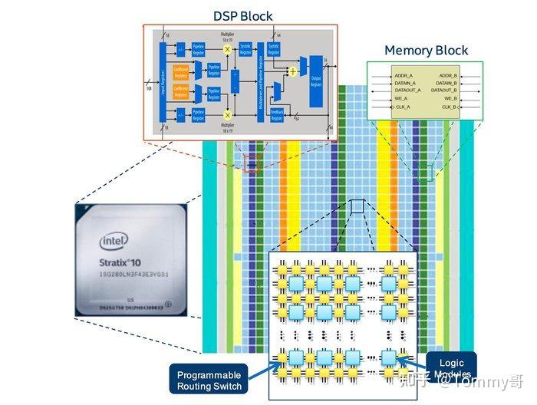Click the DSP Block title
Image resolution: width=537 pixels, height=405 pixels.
click(x=242, y=15)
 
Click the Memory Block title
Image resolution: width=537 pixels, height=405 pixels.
click(x=426, y=51)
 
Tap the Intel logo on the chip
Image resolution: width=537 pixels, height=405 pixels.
click(x=114, y=242)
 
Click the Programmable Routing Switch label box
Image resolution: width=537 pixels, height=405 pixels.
click(x=209, y=380)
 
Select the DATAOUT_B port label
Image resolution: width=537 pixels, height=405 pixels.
click(x=443, y=91)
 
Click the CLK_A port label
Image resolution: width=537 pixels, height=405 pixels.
click(x=403, y=107)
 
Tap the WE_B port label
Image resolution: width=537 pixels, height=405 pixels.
click(x=450, y=98)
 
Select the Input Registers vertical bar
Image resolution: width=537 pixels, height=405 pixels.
click(x=162, y=80)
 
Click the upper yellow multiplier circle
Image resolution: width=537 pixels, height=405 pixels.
click(x=227, y=48)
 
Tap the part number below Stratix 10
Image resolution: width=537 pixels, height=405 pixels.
click(x=131, y=274)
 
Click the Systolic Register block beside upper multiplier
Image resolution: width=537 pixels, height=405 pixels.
click(x=245, y=48)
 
